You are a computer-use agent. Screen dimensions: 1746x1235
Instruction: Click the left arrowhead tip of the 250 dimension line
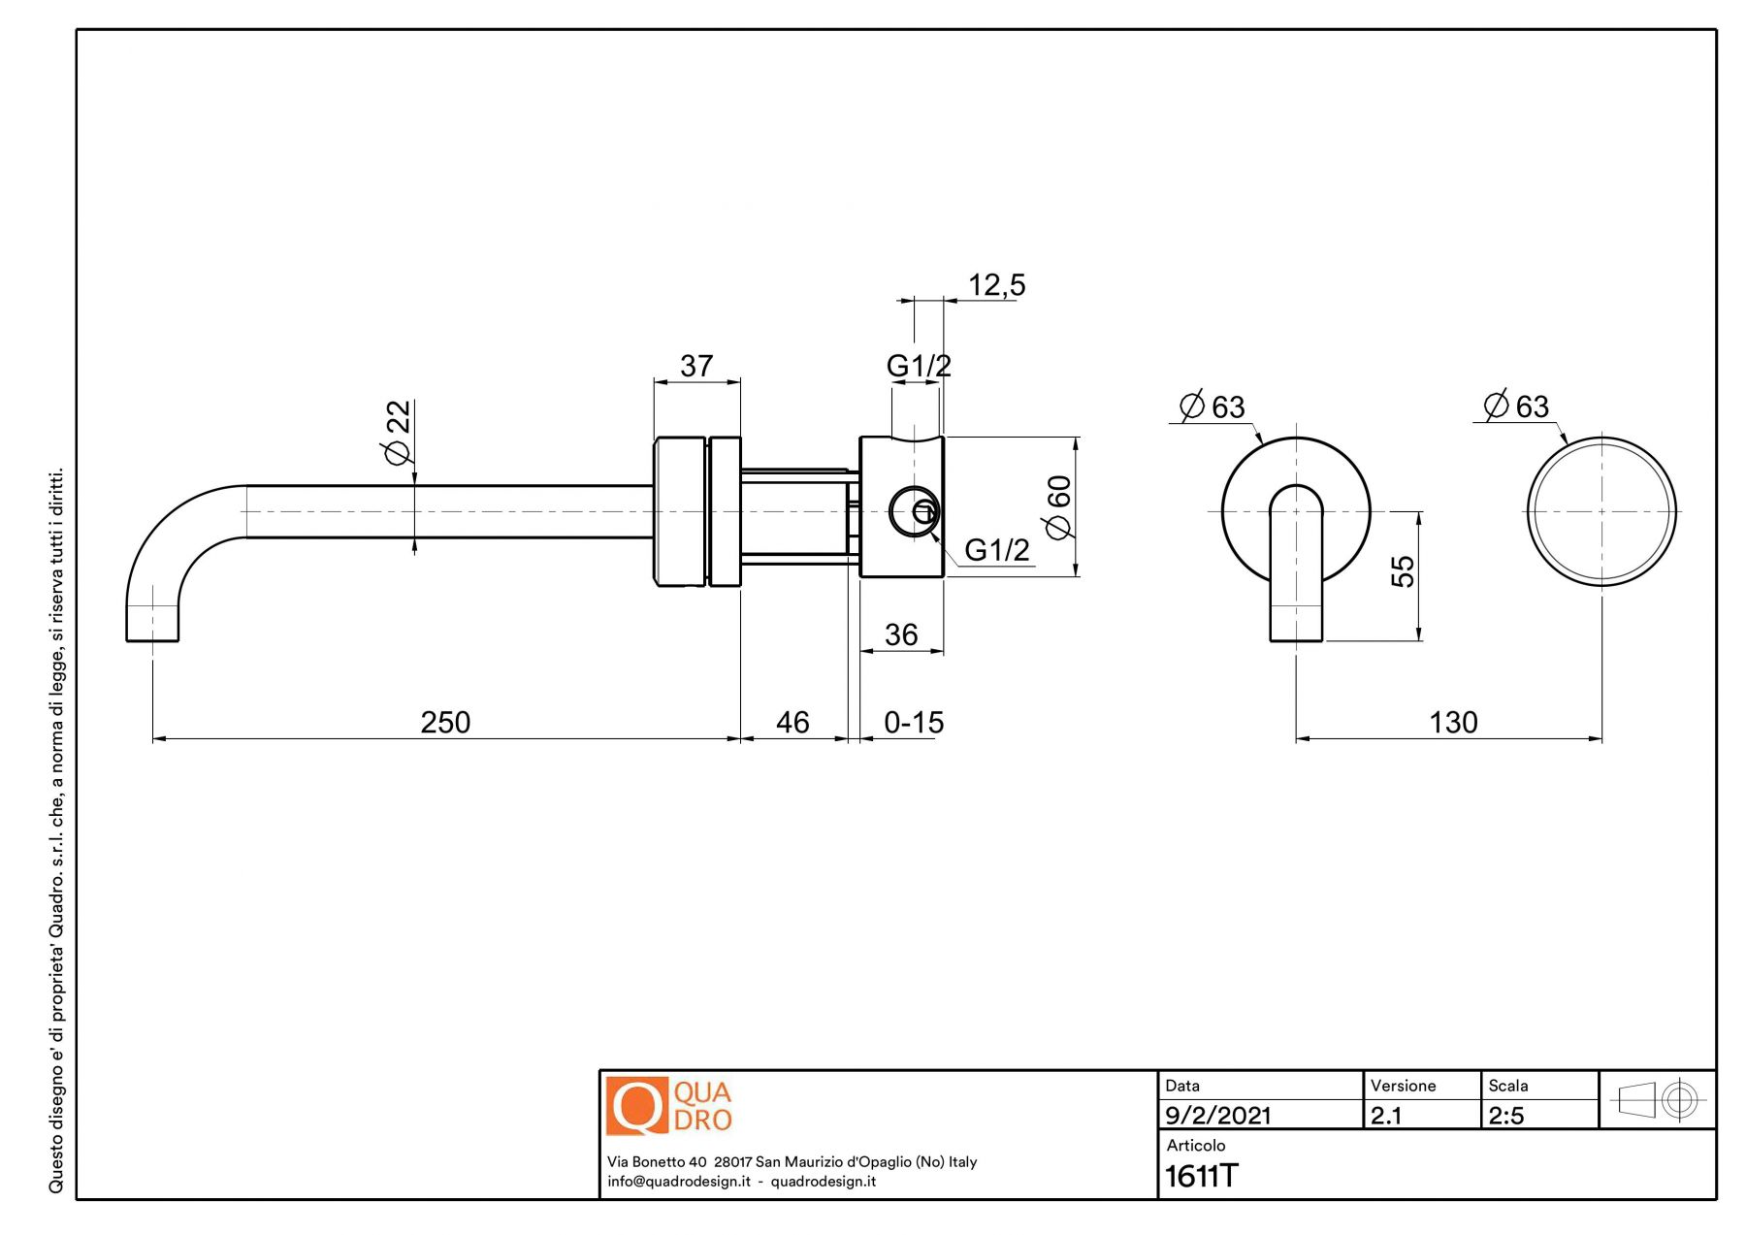[x=153, y=738]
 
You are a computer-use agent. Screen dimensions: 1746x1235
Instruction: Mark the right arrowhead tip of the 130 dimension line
[x=1601, y=738]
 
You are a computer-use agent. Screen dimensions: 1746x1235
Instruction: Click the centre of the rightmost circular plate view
[x=1601, y=511]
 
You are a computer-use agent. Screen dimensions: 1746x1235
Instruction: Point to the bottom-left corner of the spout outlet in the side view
[x=127, y=640]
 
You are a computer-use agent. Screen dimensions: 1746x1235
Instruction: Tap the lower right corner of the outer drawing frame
[x=1716, y=1199]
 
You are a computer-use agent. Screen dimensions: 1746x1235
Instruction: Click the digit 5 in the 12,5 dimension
[x=1017, y=285]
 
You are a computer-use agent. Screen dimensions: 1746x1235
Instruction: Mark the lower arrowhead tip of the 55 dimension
[x=1419, y=640]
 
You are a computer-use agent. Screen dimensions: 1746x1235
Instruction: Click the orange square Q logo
[x=636, y=1105]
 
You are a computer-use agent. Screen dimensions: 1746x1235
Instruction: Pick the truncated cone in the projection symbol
[x=1636, y=1100]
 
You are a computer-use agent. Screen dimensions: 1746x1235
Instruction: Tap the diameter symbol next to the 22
[x=398, y=452]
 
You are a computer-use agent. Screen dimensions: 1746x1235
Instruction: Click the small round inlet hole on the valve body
[x=914, y=511]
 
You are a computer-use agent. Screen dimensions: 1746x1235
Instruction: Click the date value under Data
[x=1217, y=1116]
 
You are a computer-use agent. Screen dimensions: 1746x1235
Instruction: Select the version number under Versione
[x=1385, y=1116]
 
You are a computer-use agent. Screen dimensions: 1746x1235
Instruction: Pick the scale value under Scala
[x=1505, y=1116]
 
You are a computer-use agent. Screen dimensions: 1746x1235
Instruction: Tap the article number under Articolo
[x=1201, y=1176]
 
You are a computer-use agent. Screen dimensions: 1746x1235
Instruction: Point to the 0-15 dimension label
[x=914, y=722]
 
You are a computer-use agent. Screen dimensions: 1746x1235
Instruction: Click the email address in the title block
[x=679, y=1182]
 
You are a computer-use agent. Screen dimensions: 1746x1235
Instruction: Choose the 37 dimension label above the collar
[x=696, y=366]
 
